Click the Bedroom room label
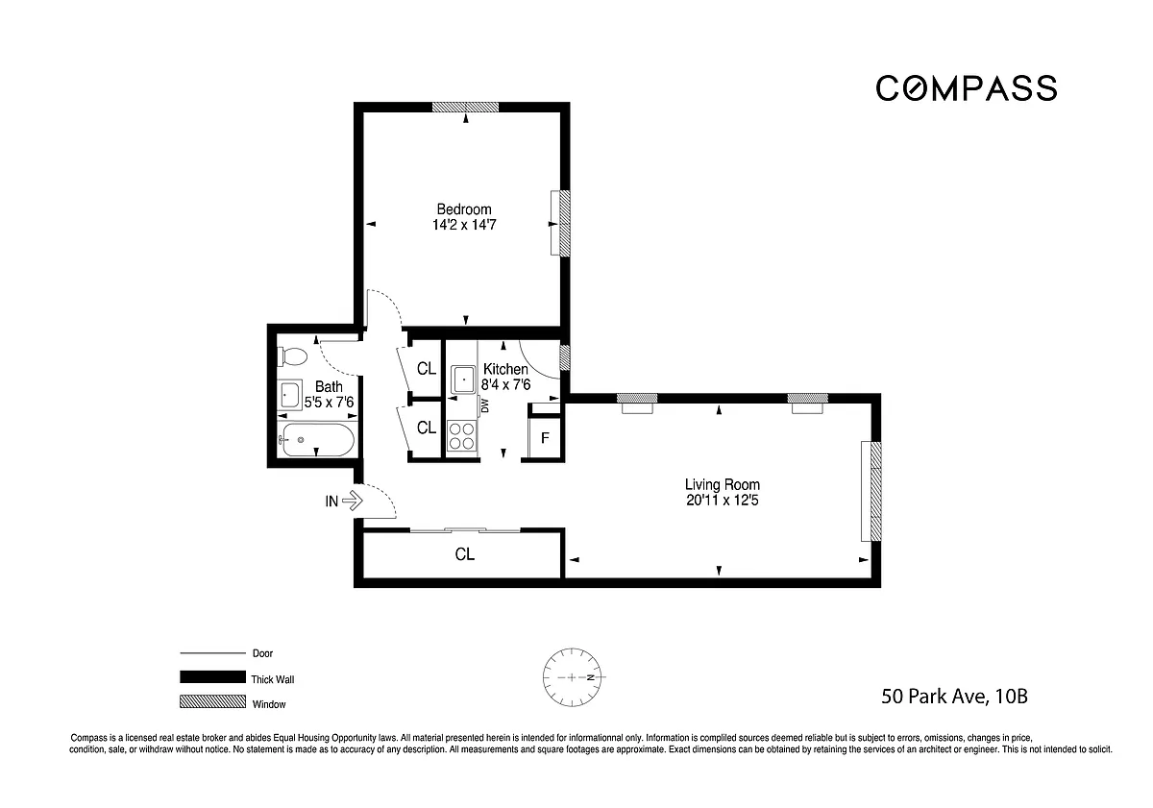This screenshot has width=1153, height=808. (x=464, y=209)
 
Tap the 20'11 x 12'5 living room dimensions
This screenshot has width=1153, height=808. (x=723, y=501)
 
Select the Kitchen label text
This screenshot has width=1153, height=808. (x=505, y=369)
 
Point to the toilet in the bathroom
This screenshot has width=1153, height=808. (x=292, y=356)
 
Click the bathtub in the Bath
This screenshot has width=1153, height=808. (x=318, y=440)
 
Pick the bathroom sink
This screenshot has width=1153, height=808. (x=290, y=395)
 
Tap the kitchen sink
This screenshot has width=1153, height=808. (x=463, y=380)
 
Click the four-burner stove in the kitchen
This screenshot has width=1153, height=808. (x=462, y=436)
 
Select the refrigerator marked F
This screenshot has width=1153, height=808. (x=544, y=437)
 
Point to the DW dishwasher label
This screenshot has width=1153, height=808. (x=484, y=406)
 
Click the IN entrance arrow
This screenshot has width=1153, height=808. (x=353, y=501)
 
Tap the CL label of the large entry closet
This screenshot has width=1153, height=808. (x=464, y=554)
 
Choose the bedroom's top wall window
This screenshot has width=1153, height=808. (x=465, y=107)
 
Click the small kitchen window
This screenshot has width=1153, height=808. (x=565, y=357)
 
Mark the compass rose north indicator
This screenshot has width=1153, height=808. (x=592, y=677)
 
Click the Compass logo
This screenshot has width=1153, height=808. (x=967, y=88)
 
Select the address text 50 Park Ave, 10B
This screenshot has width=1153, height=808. (x=954, y=697)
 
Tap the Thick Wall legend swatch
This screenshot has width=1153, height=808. (x=212, y=676)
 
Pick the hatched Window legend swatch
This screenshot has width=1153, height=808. (x=212, y=701)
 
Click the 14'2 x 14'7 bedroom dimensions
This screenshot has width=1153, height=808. (x=464, y=225)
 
